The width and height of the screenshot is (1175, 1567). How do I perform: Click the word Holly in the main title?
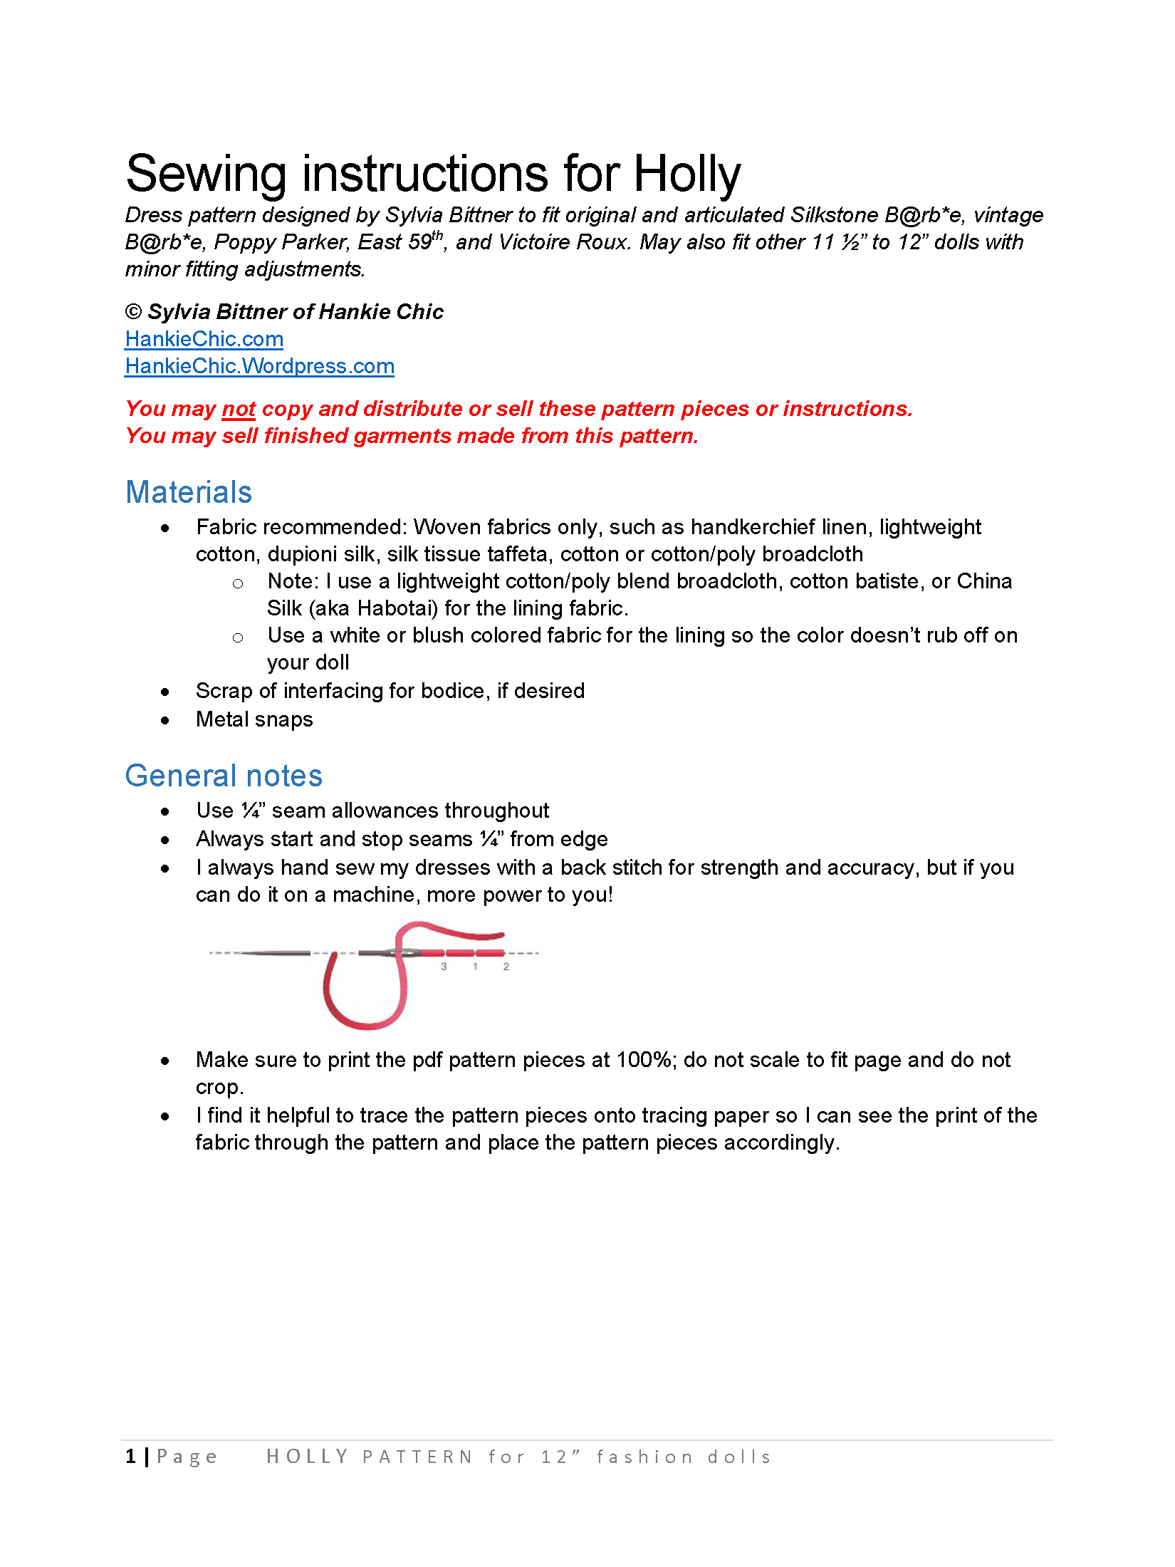687,175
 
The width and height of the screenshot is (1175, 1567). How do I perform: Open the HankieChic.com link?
204,339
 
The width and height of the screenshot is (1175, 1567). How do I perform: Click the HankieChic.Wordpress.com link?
259,366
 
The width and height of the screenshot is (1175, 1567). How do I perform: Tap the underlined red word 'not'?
239,409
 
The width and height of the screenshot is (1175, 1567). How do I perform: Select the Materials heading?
189,492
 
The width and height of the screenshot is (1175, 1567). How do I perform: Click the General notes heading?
224,776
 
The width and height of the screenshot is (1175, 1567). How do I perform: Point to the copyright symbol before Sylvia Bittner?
133,312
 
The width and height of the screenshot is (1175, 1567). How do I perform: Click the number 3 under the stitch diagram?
444,967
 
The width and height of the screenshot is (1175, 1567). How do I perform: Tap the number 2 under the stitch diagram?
506,967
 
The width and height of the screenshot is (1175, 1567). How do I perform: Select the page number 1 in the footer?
130,1457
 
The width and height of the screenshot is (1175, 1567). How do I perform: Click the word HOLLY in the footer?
307,1457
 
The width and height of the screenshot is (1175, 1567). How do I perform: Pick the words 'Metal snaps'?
254,719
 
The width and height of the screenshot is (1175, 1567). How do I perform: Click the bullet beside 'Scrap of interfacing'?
165,692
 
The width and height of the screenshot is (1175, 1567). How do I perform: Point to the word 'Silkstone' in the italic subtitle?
835,215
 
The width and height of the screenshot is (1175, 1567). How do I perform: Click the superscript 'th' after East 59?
438,236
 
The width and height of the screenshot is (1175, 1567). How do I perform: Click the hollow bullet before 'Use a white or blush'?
238,637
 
